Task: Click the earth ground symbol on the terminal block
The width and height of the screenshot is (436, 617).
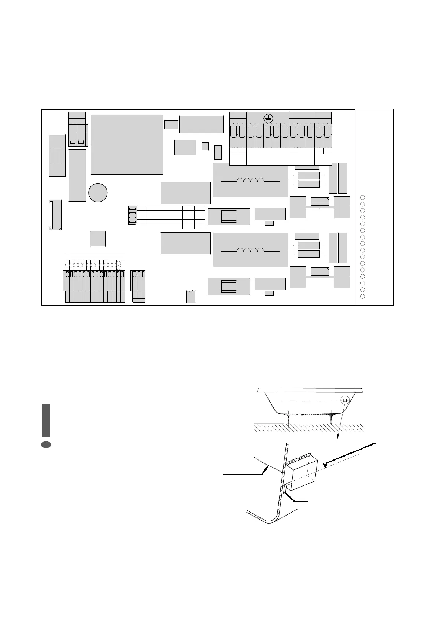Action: point(268,118)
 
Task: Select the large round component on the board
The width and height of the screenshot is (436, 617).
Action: point(98,192)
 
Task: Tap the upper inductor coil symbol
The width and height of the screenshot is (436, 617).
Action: point(251,180)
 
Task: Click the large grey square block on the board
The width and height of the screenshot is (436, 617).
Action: point(127,145)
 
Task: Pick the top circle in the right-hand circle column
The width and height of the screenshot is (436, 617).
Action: point(362,197)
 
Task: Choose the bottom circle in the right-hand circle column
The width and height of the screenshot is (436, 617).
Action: point(362,296)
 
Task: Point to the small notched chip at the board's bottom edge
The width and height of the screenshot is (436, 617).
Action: point(191,296)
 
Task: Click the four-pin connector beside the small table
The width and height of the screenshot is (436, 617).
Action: point(133,215)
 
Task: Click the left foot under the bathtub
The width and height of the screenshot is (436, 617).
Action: point(289,420)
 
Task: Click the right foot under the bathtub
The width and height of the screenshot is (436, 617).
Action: point(331,420)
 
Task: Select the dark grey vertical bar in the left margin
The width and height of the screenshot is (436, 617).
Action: point(46,420)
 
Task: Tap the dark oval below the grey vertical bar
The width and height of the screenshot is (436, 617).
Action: point(46,445)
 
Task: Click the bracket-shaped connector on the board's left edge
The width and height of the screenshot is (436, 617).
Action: point(55,215)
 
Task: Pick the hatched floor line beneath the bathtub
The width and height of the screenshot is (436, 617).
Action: point(309,428)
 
